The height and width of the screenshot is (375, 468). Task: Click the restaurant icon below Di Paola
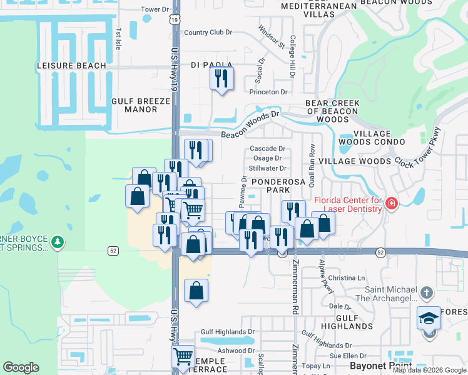(221, 79)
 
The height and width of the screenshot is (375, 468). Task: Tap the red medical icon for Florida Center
(392, 203)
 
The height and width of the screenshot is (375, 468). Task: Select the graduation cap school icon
(429, 319)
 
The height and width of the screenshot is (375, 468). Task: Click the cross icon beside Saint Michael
(426, 292)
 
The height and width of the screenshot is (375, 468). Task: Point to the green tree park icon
(57, 241)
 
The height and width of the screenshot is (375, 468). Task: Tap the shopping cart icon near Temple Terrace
(183, 357)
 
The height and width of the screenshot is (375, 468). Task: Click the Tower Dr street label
(155, 9)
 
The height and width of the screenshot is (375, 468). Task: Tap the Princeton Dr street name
(268, 92)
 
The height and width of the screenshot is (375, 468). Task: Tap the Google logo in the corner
(21, 367)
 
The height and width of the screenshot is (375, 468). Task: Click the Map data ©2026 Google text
(429, 370)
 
